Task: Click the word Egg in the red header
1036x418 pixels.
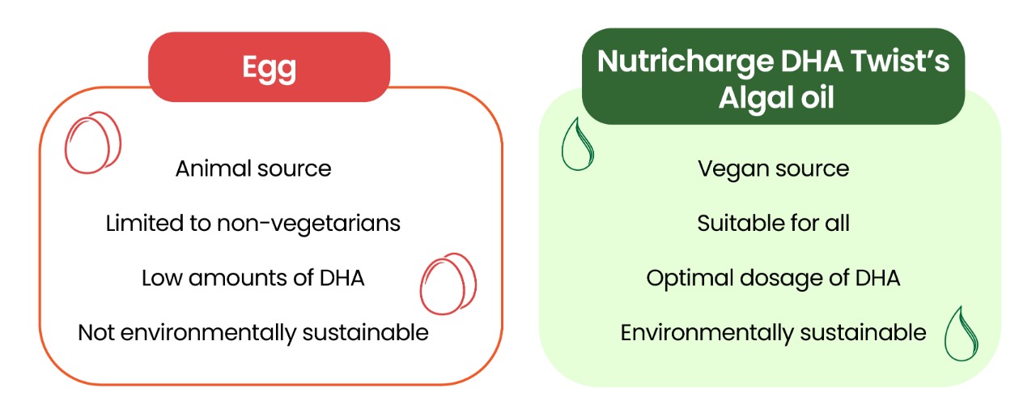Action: (x=270, y=69)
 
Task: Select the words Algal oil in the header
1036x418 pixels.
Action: (x=776, y=99)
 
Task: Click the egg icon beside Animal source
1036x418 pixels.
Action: (x=93, y=143)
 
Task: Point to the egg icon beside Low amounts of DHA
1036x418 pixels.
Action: (x=448, y=284)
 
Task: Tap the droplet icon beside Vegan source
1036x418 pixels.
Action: (x=577, y=144)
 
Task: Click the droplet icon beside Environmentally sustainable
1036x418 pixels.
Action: (x=961, y=334)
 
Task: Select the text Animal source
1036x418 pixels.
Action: (x=253, y=168)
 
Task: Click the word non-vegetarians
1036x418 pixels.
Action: (x=308, y=224)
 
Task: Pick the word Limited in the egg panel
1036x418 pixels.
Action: (x=145, y=223)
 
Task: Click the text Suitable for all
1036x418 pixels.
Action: (x=773, y=223)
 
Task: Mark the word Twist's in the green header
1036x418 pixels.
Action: (x=900, y=61)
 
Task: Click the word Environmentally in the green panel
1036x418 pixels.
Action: (x=707, y=334)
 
